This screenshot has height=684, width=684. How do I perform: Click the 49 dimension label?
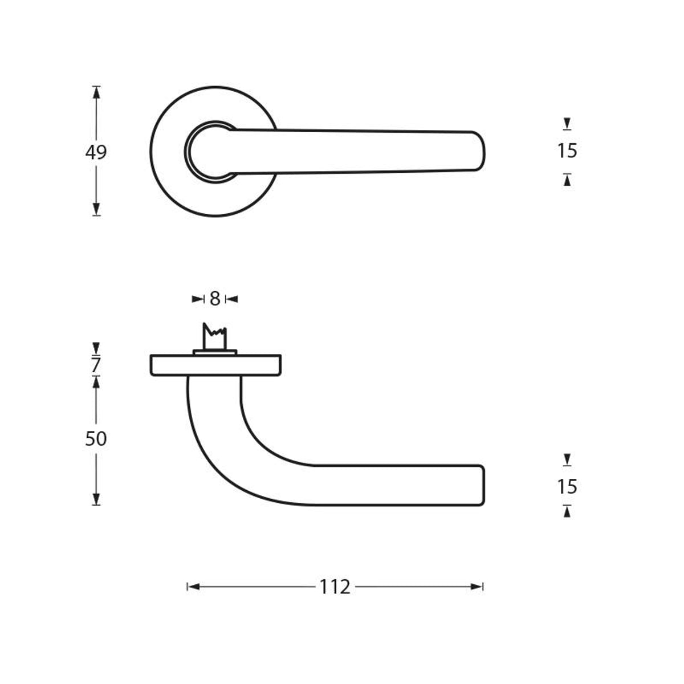(96, 152)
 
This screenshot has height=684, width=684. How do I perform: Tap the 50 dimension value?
(96, 439)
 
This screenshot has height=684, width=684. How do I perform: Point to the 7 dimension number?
(96, 365)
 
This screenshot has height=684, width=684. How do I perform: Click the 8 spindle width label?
(215, 299)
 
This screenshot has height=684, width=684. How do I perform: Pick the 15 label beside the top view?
(567, 151)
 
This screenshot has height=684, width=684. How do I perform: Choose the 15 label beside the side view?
(567, 487)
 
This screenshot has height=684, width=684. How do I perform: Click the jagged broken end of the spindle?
(215, 330)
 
